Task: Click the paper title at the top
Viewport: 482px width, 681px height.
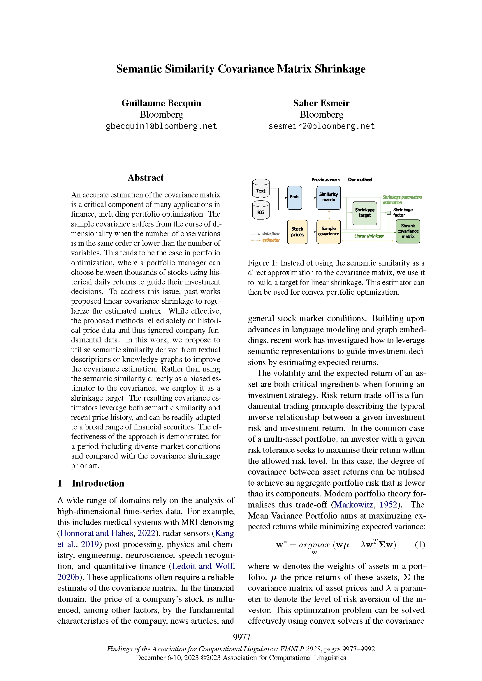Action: (x=241, y=69)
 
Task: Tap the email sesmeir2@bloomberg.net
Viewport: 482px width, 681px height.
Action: (x=321, y=126)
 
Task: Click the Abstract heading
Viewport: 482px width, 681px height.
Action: (x=145, y=178)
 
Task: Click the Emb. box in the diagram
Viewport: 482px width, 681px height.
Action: (x=294, y=197)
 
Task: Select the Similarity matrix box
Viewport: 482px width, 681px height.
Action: (x=328, y=197)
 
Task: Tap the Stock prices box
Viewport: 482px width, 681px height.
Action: (x=297, y=232)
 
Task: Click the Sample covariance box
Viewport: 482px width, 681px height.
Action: (x=328, y=231)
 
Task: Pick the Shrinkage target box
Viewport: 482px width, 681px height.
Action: (x=365, y=213)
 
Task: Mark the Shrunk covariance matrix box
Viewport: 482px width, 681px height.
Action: (x=408, y=231)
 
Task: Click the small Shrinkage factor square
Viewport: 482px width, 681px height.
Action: (x=389, y=212)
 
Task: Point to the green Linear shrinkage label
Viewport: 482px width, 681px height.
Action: (x=369, y=236)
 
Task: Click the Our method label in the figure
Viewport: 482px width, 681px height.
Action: (x=360, y=180)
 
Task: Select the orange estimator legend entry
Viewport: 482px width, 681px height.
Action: (x=271, y=240)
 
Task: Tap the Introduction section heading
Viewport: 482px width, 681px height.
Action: (x=98, y=483)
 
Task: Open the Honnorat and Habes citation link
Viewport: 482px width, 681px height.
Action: (x=96, y=533)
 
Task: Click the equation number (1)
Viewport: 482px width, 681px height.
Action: (x=420, y=544)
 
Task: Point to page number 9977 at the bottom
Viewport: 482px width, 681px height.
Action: (x=242, y=637)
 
